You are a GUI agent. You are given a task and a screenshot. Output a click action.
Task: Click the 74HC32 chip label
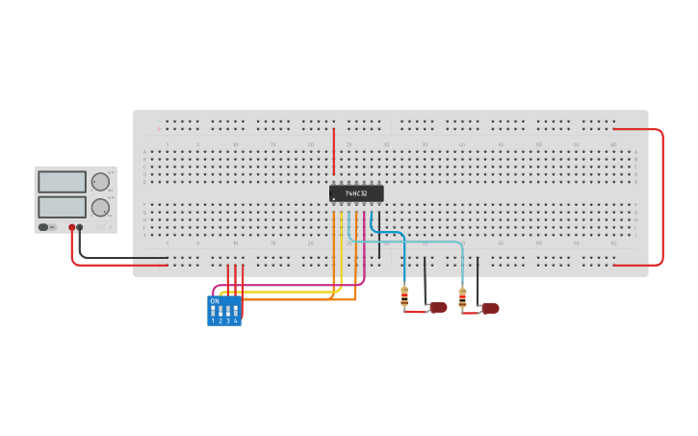tap(356, 193)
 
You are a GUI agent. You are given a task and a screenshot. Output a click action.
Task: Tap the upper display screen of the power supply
tap(62, 182)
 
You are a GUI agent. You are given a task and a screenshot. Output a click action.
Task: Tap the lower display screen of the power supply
tap(62, 207)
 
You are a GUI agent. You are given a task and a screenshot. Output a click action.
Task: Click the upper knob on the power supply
tap(100, 181)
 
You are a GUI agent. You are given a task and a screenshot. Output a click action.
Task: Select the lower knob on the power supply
tap(100, 207)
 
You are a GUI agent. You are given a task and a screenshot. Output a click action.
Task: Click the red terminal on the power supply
tap(71, 228)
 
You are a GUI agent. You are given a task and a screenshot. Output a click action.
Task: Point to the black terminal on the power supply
tap(80, 228)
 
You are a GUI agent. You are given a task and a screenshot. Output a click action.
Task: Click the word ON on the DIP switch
tap(214, 301)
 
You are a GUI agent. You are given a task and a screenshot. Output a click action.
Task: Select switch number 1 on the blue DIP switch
tap(213, 313)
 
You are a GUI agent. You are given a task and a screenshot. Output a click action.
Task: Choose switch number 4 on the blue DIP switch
tap(235, 313)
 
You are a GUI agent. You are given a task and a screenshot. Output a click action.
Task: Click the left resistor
tap(404, 296)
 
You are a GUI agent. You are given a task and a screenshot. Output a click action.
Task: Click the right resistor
tap(462, 297)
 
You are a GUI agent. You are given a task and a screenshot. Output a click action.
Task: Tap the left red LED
tap(438, 307)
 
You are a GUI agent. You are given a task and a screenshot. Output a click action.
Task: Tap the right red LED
tap(490, 308)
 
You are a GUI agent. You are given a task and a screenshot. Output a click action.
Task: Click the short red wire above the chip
tap(334, 152)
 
